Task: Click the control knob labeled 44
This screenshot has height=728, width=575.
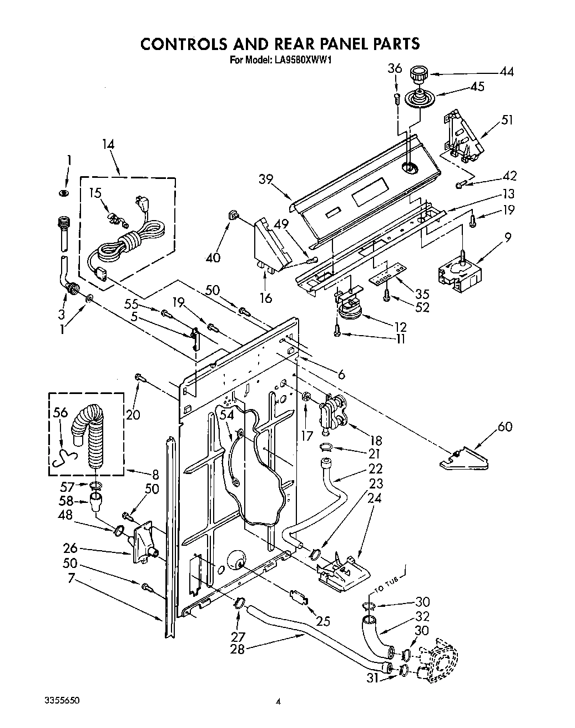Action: (418, 73)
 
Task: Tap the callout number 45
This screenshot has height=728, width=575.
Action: (476, 87)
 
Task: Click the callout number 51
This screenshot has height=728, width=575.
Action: (507, 119)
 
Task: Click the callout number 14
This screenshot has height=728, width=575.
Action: (108, 144)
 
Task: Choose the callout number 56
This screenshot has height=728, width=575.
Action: (60, 412)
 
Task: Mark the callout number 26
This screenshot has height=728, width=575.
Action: (70, 548)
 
